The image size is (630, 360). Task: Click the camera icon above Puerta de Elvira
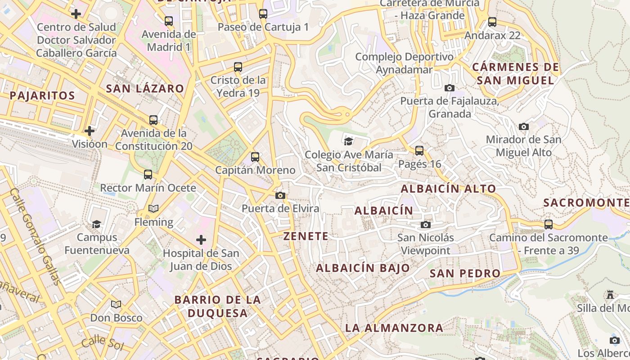coord(280,195)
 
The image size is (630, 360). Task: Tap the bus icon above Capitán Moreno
coord(255,157)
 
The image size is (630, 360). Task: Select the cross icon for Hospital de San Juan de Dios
coord(201,239)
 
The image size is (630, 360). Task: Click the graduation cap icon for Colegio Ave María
coord(348,141)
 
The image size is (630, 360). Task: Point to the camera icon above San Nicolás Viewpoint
coord(426,224)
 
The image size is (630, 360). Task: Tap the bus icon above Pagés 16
coord(419,150)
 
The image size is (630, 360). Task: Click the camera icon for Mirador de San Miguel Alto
coord(524,126)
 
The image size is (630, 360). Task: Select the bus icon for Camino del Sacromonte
coord(549,224)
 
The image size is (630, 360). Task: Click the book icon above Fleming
coord(153,208)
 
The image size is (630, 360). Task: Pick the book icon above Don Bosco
coord(116,304)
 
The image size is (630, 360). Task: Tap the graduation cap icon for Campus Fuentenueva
coord(96,224)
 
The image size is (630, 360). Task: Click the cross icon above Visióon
coord(90,131)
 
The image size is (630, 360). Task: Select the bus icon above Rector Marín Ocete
coord(148,175)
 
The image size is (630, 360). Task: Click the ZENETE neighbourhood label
coord(306,236)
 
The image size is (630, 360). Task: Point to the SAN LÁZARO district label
coord(145,88)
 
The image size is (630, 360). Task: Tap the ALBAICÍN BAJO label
coord(363,268)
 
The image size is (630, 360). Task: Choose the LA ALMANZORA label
coord(394,328)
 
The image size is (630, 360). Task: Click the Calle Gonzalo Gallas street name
coord(35,237)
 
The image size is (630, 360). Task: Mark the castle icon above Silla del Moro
coord(610,295)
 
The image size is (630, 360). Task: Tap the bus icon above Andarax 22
coord(492,22)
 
